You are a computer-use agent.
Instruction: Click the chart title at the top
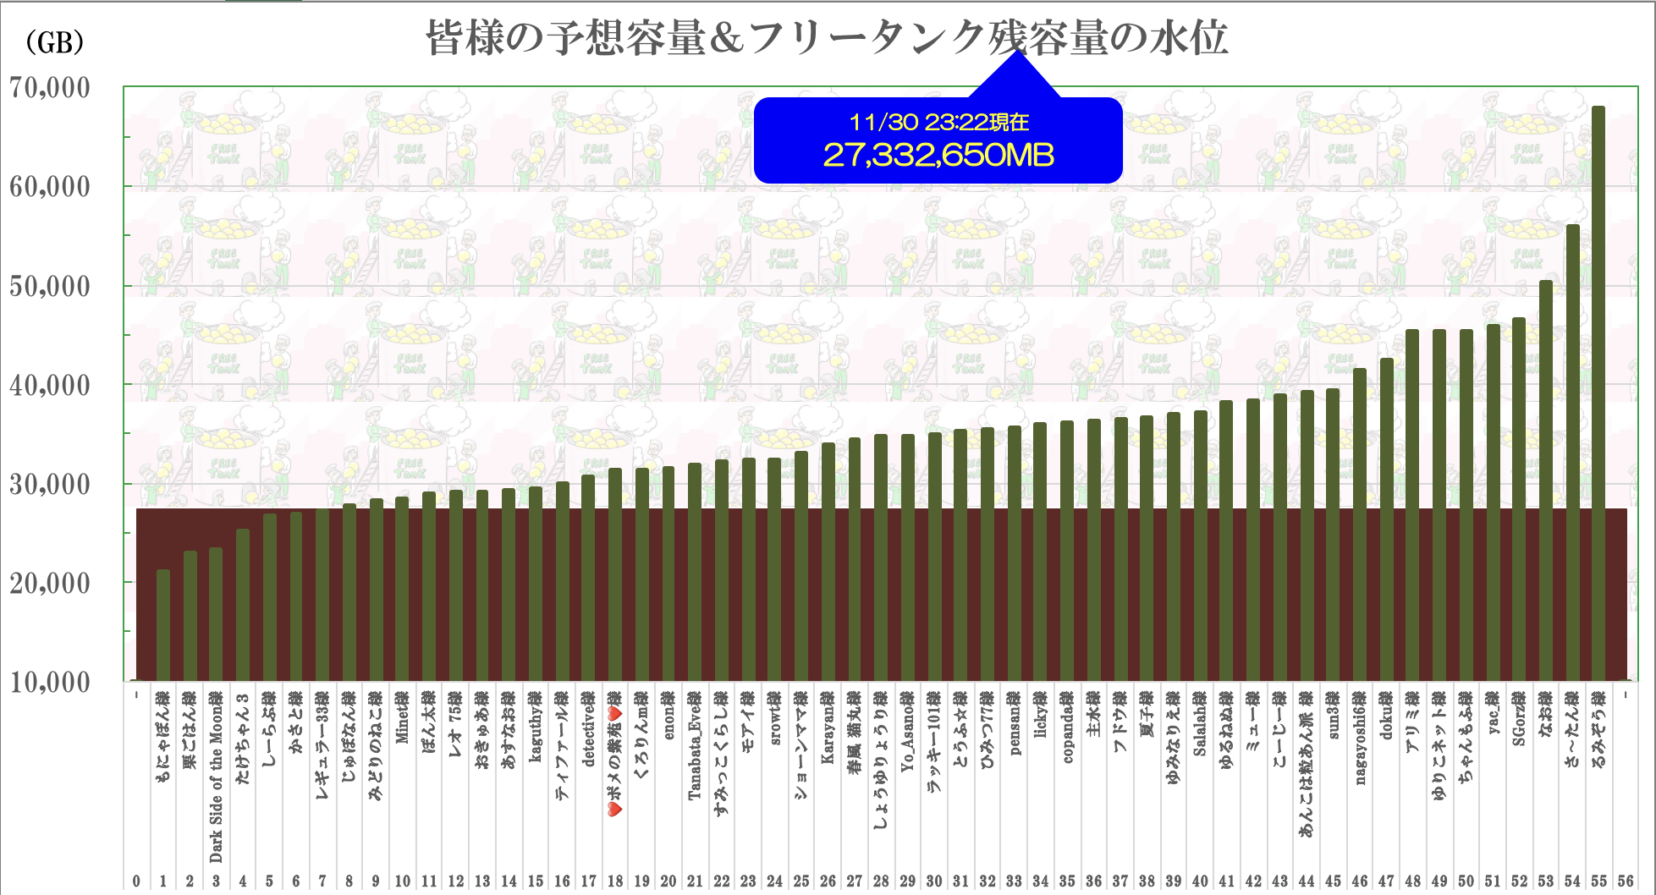(826, 39)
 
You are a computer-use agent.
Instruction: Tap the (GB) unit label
(55, 41)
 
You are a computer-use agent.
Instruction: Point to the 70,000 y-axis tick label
(50, 87)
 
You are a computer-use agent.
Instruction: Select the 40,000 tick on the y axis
(50, 385)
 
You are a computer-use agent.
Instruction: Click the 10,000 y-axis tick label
(50, 682)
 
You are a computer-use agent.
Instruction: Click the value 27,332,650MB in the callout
(938, 155)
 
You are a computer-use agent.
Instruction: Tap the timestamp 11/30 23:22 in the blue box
(938, 123)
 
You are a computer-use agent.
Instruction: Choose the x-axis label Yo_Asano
(907, 732)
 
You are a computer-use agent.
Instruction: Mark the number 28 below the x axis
(881, 881)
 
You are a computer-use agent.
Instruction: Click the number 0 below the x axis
(136, 881)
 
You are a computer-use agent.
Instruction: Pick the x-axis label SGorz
(1519, 719)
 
